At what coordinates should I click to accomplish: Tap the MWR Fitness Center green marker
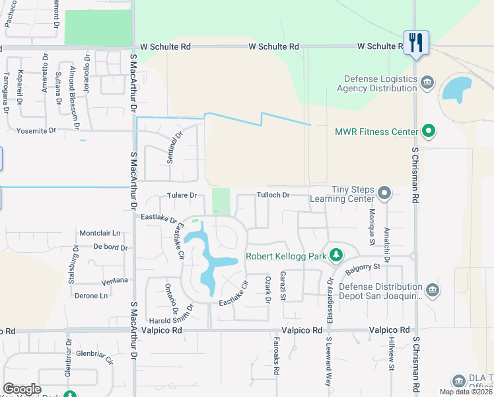pyautogui.click(x=429, y=132)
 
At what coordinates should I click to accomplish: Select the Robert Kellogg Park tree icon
pyautogui.click(x=336, y=255)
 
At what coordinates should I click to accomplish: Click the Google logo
pyautogui.click(x=22, y=389)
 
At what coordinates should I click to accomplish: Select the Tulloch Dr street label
pyautogui.click(x=273, y=195)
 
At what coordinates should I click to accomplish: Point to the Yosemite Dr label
pyautogui.click(x=36, y=130)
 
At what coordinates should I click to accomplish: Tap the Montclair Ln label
pyautogui.click(x=100, y=233)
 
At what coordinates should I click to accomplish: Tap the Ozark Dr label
pyautogui.click(x=268, y=290)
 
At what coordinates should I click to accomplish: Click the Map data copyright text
pyautogui.click(x=466, y=392)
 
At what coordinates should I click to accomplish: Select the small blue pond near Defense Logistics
pyautogui.click(x=456, y=89)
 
